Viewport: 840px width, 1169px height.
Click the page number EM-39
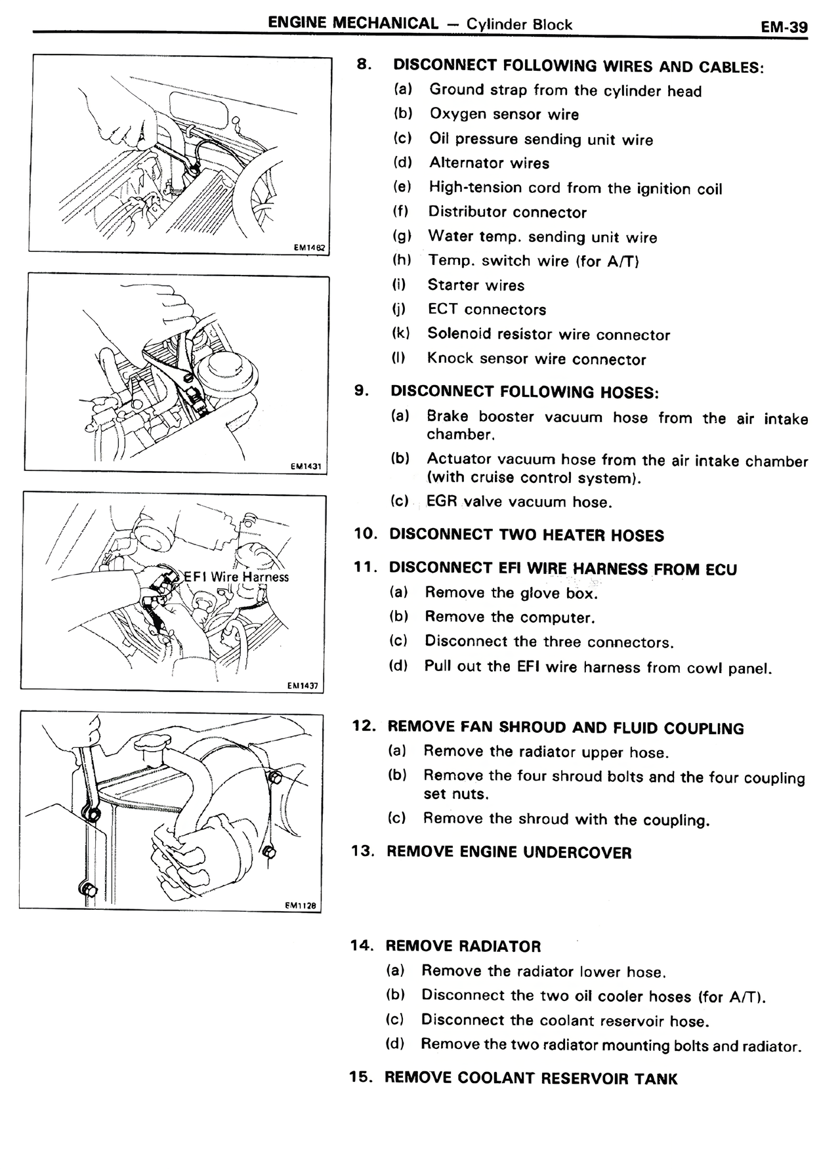coord(784,27)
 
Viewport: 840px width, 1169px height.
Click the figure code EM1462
coord(309,248)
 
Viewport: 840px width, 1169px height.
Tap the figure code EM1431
coord(305,466)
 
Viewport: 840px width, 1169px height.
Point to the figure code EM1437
coord(303,686)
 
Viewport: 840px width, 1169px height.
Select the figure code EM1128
coord(301,905)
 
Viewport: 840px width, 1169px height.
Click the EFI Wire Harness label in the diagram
coord(236,577)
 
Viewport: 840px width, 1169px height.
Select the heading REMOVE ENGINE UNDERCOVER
coord(509,853)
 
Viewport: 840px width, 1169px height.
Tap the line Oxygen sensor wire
coord(504,114)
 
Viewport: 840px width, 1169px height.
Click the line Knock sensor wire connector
coord(536,359)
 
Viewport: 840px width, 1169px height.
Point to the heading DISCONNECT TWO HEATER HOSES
coord(526,535)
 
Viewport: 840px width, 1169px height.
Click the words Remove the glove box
coord(511,593)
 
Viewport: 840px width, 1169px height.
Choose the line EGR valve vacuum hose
coord(518,502)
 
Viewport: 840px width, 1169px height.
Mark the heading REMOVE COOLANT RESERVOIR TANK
coord(530,1078)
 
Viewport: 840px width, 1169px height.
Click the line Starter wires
coord(476,285)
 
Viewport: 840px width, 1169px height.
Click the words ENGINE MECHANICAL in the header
coord(353,24)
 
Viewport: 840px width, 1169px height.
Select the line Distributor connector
coord(507,213)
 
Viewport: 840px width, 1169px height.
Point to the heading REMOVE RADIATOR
coord(463,947)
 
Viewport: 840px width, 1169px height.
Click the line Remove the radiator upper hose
coord(546,752)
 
